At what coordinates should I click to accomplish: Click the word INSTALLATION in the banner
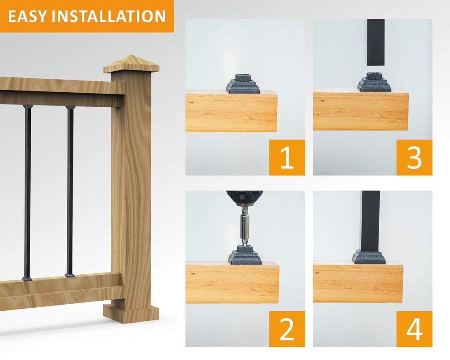pos(107,16)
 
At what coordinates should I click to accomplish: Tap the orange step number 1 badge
pos(287,157)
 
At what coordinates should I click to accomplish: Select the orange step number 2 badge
pos(287,329)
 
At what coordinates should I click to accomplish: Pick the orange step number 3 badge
pos(414,157)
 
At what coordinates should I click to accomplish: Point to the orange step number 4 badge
pos(414,329)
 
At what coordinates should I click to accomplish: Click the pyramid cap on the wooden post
pos(131,64)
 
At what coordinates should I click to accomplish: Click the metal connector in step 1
pos(243,84)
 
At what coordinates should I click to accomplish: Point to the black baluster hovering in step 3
pos(376,42)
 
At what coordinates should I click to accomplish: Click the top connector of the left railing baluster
pos(28,107)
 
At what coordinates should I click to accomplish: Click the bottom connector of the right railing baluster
pos(69,276)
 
